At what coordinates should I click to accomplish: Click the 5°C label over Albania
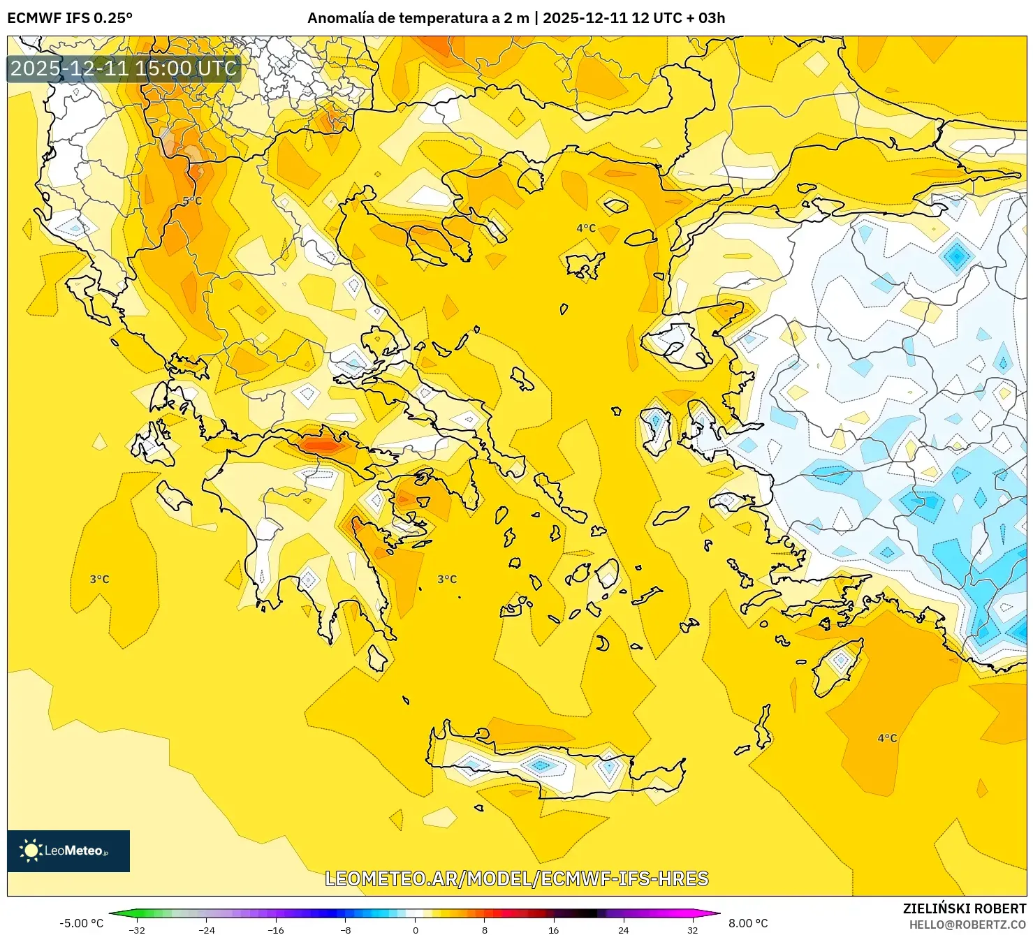coord(192,201)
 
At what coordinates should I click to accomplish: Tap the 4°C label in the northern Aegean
coord(586,228)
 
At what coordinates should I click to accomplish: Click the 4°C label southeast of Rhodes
coord(887,738)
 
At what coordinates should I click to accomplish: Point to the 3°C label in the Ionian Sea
coord(99,579)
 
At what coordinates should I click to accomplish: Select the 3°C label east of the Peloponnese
coord(447,579)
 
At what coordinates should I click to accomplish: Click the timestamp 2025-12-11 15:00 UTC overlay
coord(124,68)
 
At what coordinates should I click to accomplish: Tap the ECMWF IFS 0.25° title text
coord(70,18)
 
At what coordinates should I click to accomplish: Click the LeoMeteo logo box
coord(68,851)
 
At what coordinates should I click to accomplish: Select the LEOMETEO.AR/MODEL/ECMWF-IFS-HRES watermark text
coord(517,878)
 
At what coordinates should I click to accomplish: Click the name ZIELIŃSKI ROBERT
coord(965,908)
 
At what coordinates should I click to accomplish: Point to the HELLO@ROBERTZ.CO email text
coord(967,924)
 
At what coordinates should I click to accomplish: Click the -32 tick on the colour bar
coord(138,929)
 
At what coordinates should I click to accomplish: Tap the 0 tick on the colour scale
coord(416,929)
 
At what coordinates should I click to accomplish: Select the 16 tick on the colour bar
coord(554,929)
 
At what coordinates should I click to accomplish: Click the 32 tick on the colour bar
coord(692,929)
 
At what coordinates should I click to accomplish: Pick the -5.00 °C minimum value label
coord(81,923)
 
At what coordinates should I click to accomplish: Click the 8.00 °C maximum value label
coord(748,923)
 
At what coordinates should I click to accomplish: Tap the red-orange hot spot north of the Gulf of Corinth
coord(321,444)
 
